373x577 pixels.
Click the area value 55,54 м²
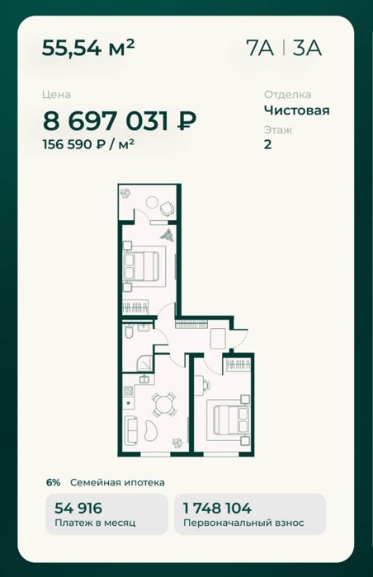(x=88, y=48)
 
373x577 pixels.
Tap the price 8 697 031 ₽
(x=120, y=121)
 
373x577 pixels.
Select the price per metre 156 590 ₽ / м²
(x=88, y=144)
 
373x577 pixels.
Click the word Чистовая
(x=297, y=110)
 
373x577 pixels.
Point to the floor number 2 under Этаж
(x=268, y=144)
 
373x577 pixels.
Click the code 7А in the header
(x=259, y=48)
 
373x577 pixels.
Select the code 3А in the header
(x=307, y=48)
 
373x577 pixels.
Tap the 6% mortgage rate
(x=53, y=482)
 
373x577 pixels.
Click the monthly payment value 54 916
(x=78, y=509)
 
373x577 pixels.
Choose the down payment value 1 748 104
(x=218, y=509)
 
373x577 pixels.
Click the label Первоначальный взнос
(x=243, y=523)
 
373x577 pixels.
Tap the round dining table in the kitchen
(x=164, y=405)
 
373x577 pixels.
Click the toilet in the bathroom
(x=128, y=332)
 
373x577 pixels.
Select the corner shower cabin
(x=144, y=364)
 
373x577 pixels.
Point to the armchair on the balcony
(x=167, y=209)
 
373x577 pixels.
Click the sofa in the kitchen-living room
(x=131, y=429)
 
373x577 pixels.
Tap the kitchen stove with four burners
(x=128, y=391)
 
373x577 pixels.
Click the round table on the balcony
(x=152, y=202)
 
